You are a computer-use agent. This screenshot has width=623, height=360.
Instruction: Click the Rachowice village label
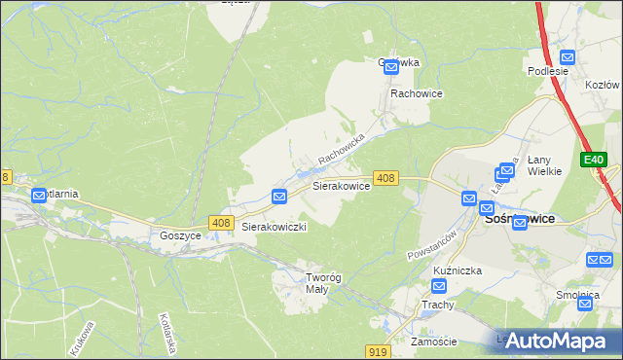tap(417, 94)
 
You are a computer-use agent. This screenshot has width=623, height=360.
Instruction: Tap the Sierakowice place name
tap(340, 184)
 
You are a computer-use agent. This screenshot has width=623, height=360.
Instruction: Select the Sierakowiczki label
tap(275, 227)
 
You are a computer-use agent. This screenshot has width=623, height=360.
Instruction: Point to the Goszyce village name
tap(180, 235)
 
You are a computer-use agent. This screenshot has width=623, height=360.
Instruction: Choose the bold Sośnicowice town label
tap(520, 219)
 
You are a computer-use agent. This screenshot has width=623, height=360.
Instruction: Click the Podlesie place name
tap(547, 71)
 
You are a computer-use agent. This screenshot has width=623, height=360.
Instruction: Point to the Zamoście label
tap(434, 342)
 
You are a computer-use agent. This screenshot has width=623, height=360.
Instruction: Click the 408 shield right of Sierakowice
tap(385, 178)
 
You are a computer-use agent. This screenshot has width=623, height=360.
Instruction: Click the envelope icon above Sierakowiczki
tap(278, 197)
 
